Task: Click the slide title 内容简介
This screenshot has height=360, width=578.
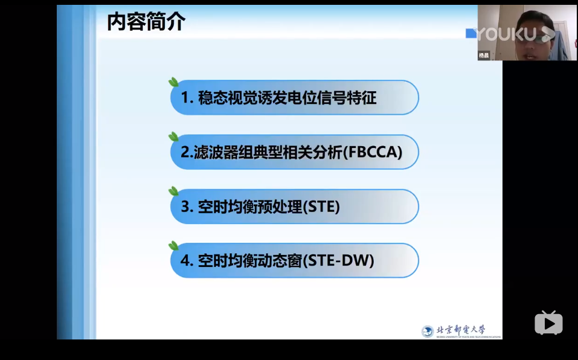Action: (x=146, y=22)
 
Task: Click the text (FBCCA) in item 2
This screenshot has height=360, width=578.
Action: (x=372, y=152)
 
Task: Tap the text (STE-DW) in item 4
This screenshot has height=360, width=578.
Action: (x=338, y=261)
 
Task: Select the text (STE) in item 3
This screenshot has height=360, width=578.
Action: (x=321, y=207)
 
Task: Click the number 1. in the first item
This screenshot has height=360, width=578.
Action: (x=187, y=98)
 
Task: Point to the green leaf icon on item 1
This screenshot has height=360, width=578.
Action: (x=173, y=83)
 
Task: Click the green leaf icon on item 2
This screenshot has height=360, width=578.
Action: (x=173, y=137)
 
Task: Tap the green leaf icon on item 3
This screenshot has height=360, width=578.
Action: (x=173, y=191)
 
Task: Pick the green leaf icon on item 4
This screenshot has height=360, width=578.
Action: (x=173, y=246)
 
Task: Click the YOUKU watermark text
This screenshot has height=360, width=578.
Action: (x=507, y=34)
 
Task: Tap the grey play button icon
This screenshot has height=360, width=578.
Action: (x=548, y=323)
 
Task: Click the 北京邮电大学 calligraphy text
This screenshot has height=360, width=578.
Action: (x=461, y=329)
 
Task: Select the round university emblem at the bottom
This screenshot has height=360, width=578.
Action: (x=428, y=331)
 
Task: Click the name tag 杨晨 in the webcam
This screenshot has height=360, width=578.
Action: (x=484, y=55)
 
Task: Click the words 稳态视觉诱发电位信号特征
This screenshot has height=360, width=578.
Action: (x=287, y=98)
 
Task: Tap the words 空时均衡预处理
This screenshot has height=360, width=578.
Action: (x=249, y=207)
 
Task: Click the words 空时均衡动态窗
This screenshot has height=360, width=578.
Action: (x=249, y=261)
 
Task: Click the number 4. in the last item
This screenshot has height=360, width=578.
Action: (x=187, y=261)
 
